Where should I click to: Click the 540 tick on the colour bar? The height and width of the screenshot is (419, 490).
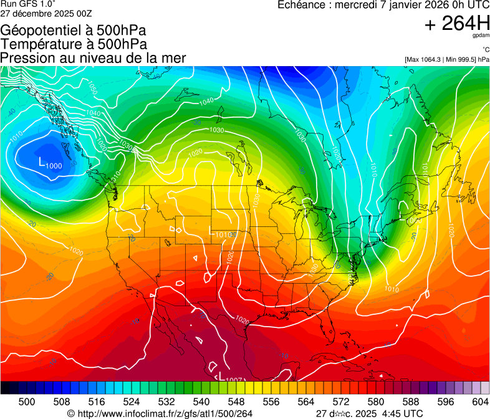coord(202,400)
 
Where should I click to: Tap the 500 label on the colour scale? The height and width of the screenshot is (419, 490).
coord(27,400)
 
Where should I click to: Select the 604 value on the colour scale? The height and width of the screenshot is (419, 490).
coord(481,400)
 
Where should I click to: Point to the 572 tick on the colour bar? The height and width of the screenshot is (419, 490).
coord(341,400)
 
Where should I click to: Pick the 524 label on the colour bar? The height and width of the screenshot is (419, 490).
coord(132,400)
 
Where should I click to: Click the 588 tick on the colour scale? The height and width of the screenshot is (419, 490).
coord(411,400)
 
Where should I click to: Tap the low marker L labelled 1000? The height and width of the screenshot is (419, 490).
coord(42,162)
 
